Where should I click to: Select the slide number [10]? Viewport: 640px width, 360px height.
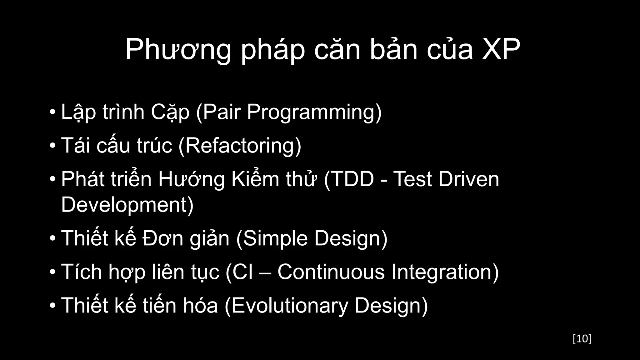(582, 339)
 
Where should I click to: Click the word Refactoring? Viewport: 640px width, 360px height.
(240, 146)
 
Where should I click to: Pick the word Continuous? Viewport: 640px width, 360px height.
(331, 272)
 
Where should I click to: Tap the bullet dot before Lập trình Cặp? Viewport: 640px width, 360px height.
(52, 112)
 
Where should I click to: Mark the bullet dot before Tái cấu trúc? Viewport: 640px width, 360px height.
(52, 146)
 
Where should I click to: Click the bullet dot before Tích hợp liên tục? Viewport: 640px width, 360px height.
(52, 272)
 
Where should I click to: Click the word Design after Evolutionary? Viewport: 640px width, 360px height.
(391, 305)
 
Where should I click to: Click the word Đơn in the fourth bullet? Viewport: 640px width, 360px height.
(163, 238)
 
